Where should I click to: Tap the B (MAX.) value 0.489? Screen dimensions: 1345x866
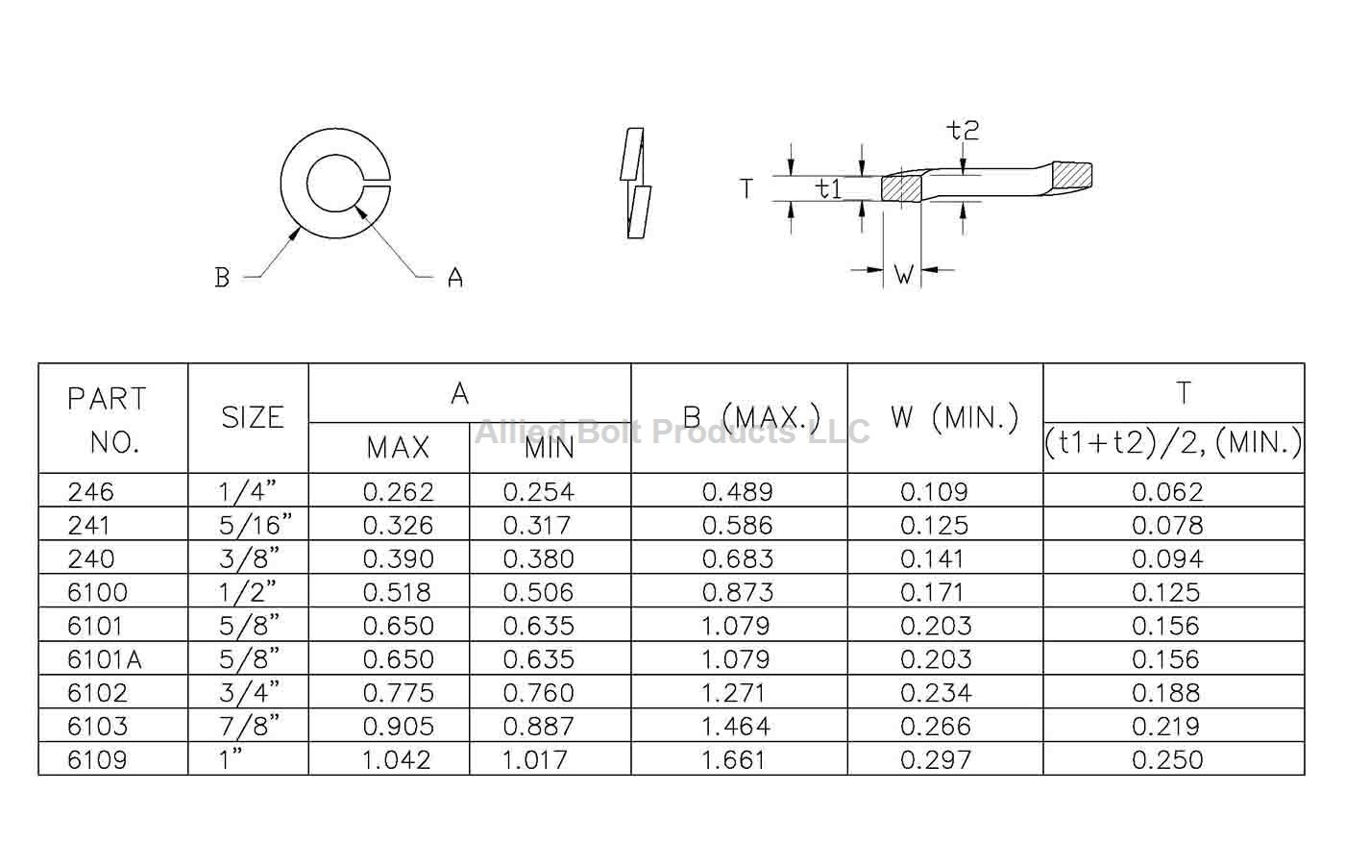pyautogui.click(x=738, y=492)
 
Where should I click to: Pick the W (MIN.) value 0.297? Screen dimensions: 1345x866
pyautogui.click(x=935, y=759)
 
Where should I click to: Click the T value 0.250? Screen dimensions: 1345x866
pyautogui.click(x=1167, y=759)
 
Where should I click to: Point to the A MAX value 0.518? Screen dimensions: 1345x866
pyautogui.click(x=397, y=592)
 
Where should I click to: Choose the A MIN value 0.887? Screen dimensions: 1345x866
pyautogui.click(x=538, y=727)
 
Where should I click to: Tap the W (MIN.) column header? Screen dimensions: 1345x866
pyautogui.click(x=955, y=417)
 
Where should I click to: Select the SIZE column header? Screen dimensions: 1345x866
pyautogui.click(x=252, y=417)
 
